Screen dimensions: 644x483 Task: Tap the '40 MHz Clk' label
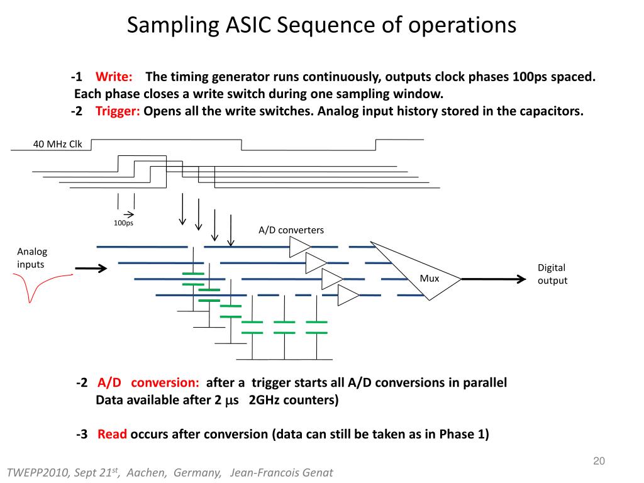coord(57,144)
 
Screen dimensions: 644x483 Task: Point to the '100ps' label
coord(124,223)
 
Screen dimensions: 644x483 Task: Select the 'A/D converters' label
coord(291,230)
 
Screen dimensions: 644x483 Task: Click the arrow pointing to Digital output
coord(494,279)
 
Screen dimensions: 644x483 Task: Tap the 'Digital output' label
coord(552,274)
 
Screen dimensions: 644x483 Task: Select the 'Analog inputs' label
coord(32,258)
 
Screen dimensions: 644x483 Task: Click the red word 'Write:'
coord(114,77)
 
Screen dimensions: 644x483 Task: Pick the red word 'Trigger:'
coord(118,111)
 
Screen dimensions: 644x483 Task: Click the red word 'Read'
coord(112,434)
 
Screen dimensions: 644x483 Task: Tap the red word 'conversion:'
coord(165,383)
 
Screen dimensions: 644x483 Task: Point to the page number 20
coord(599,461)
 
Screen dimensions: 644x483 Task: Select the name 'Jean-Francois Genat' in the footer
coord(281,473)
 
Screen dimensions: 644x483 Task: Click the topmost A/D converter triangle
coord(300,247)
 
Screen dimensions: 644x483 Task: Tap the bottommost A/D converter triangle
coord(348,296)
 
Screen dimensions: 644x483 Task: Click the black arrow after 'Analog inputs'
coord(91,269)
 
